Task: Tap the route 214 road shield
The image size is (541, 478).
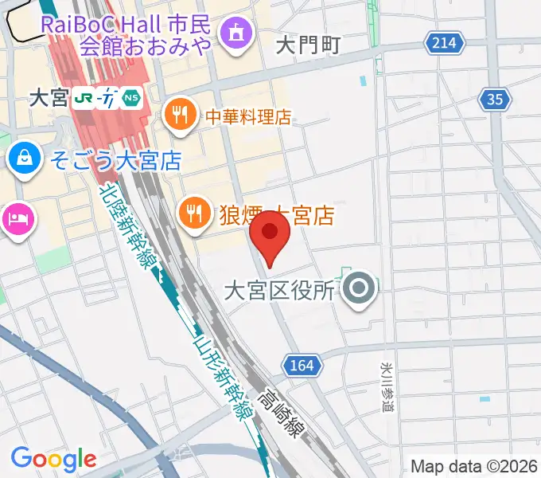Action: (444, 42)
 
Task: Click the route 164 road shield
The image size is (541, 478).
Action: (302, 365)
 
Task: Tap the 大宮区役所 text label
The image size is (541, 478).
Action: (278, 291)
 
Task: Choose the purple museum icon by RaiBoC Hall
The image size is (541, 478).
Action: (236, 34)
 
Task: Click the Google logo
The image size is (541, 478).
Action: (53, 459)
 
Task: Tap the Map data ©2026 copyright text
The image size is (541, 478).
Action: (473, 466)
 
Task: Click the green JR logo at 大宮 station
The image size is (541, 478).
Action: (84, 98)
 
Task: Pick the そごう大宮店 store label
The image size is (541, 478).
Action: (116, 160)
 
